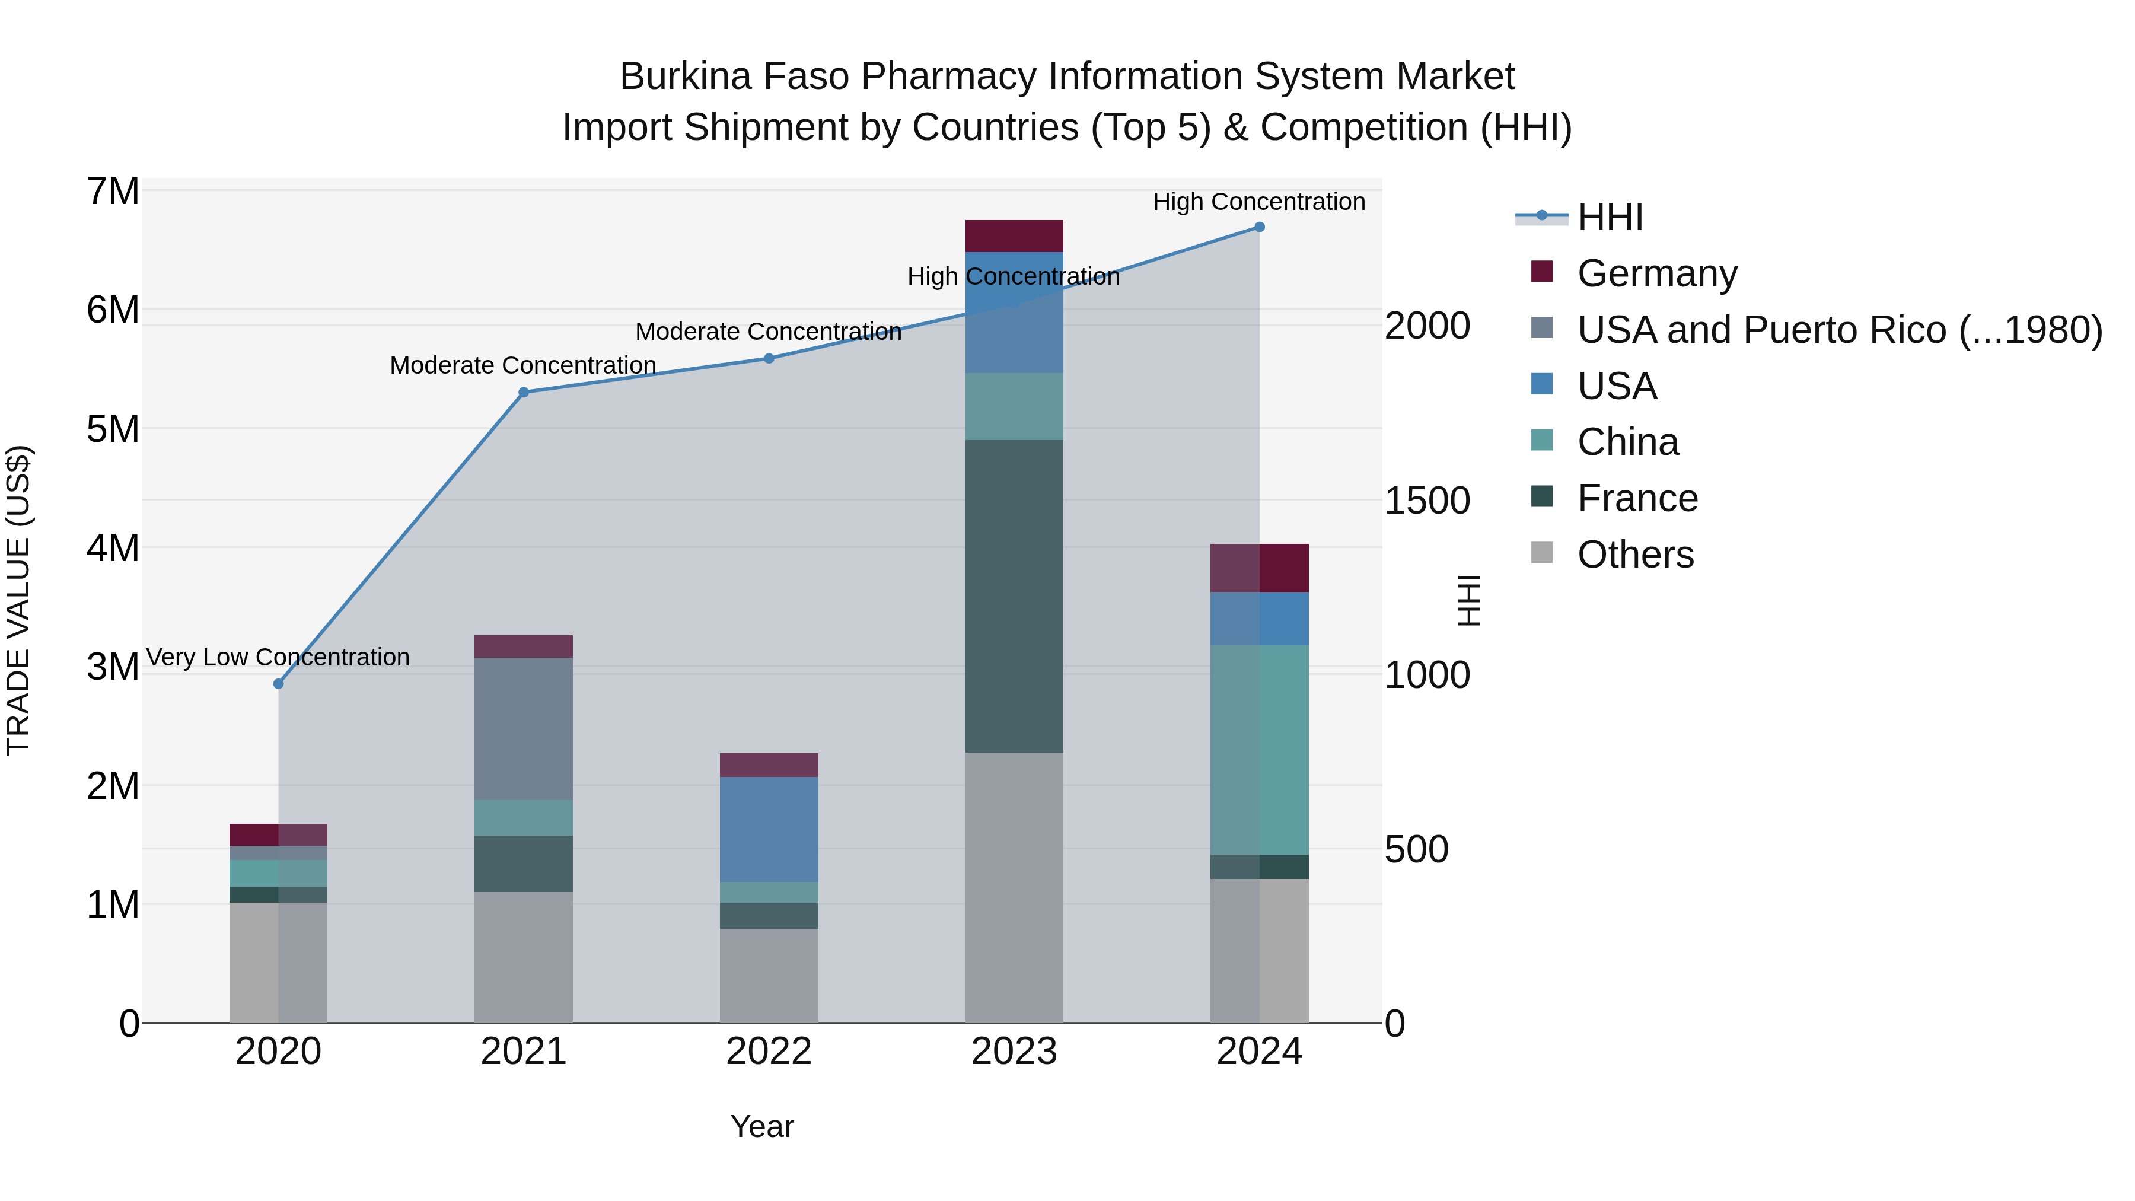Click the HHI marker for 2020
279,684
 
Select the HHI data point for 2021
524,393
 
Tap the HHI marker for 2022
769,359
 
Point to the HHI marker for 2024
1259,227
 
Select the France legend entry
1637,498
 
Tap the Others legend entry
1635,555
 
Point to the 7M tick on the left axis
113,192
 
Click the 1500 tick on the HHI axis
1427,501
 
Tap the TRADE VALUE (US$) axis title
18,600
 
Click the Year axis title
761,1126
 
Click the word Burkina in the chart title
686,77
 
